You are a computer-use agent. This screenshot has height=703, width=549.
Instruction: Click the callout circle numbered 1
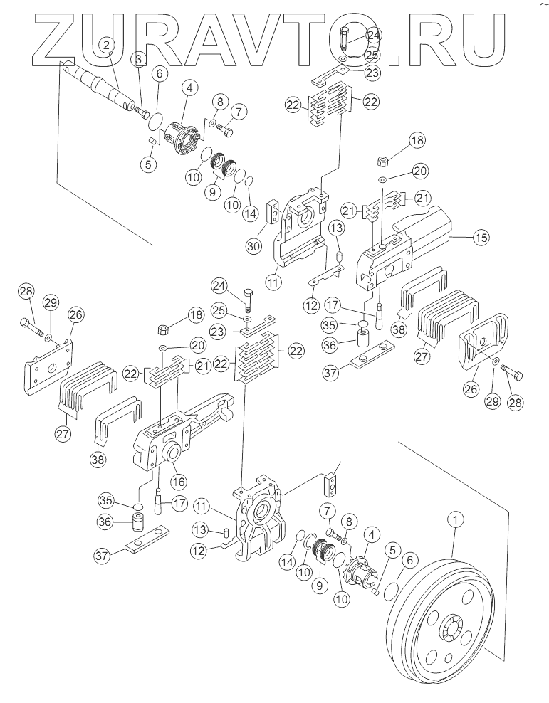tap(454, 521)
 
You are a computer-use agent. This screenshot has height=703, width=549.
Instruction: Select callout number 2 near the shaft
tap(106, 45)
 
